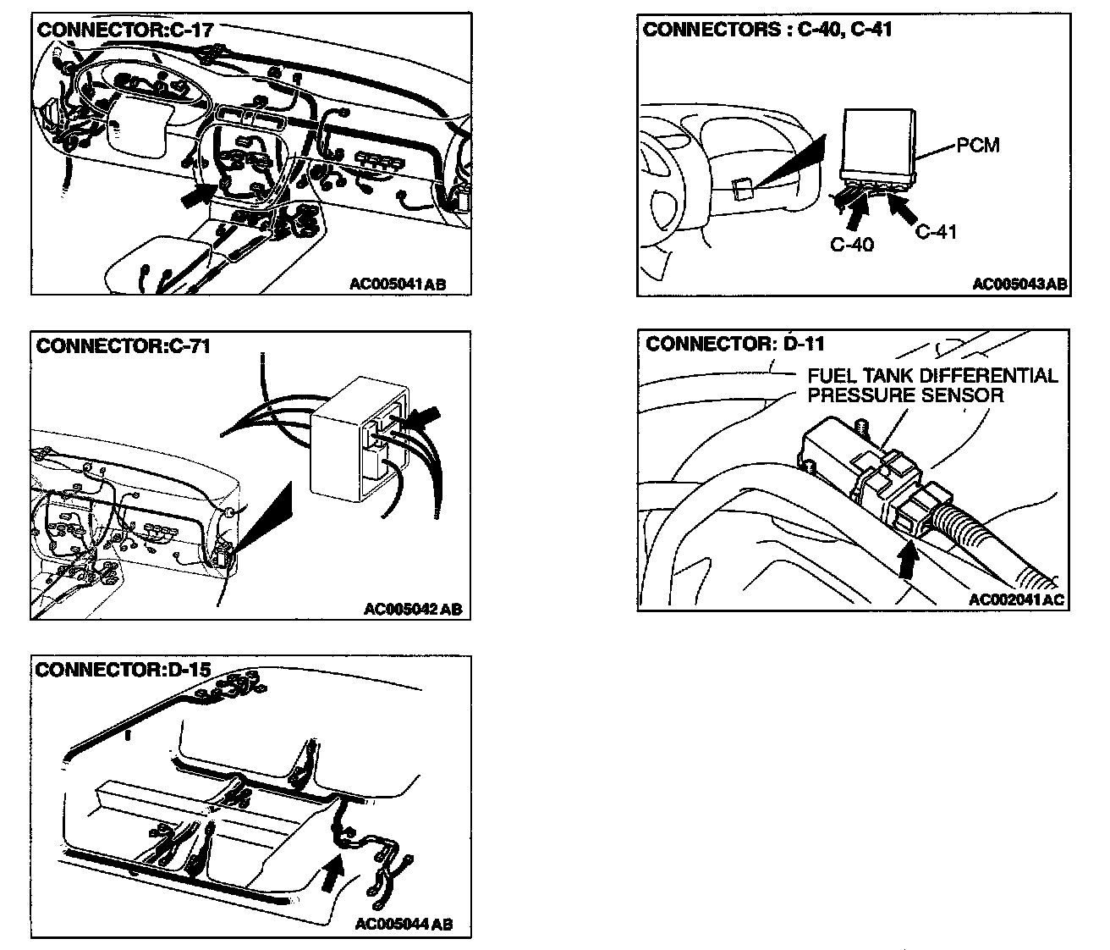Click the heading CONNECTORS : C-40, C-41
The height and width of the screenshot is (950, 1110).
(767, 30)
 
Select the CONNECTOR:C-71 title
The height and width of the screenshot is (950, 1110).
(123, 346)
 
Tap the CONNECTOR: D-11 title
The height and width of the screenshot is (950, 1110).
(734, 344)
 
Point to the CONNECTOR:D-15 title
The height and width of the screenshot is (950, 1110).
(124, 670)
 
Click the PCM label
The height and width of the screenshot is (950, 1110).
(977, 146)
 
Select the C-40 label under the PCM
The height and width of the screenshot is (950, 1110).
(852, 245)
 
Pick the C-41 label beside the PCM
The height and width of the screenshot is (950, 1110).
(937, 231)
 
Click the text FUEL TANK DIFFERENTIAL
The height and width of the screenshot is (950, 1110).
(932, 376)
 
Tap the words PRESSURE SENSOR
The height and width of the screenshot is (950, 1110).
(905, 395)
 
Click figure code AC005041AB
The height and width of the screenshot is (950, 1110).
(397, 284)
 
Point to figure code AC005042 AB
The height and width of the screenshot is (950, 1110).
(413, 609)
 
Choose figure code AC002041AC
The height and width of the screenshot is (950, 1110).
(1016, 600)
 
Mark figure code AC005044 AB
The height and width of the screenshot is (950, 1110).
(404, 924)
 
